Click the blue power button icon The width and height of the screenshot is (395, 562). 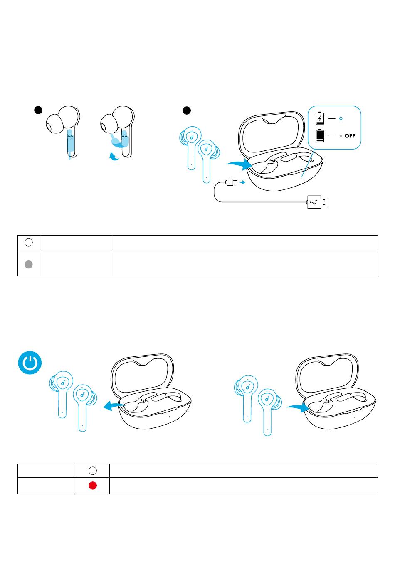point(30,363)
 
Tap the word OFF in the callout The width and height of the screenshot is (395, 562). point(350,136)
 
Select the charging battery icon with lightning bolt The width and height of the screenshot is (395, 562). point(320,118)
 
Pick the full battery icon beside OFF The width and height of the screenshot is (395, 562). point(320,136)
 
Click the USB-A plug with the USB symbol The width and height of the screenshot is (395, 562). point(318,202)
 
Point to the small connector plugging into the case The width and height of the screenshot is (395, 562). point(232,182)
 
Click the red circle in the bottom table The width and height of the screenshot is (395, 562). point(93,486)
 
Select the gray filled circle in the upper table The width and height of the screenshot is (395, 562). point(29,264)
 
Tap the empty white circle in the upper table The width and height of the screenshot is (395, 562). point(29,242)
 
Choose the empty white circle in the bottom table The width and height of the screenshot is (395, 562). point(93,471)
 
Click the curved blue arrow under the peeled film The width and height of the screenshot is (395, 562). point(114,157)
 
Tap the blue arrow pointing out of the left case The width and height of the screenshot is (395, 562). point(114,405)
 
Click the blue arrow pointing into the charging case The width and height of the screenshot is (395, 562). point(240,164)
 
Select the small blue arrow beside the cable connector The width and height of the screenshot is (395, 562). point(242,182)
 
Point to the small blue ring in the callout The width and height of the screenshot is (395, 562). point(341,118)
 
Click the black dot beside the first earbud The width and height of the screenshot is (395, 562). point(38,110)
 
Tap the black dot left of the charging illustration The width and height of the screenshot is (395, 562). point(187,110)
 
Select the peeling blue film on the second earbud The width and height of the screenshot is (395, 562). point(118,141)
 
